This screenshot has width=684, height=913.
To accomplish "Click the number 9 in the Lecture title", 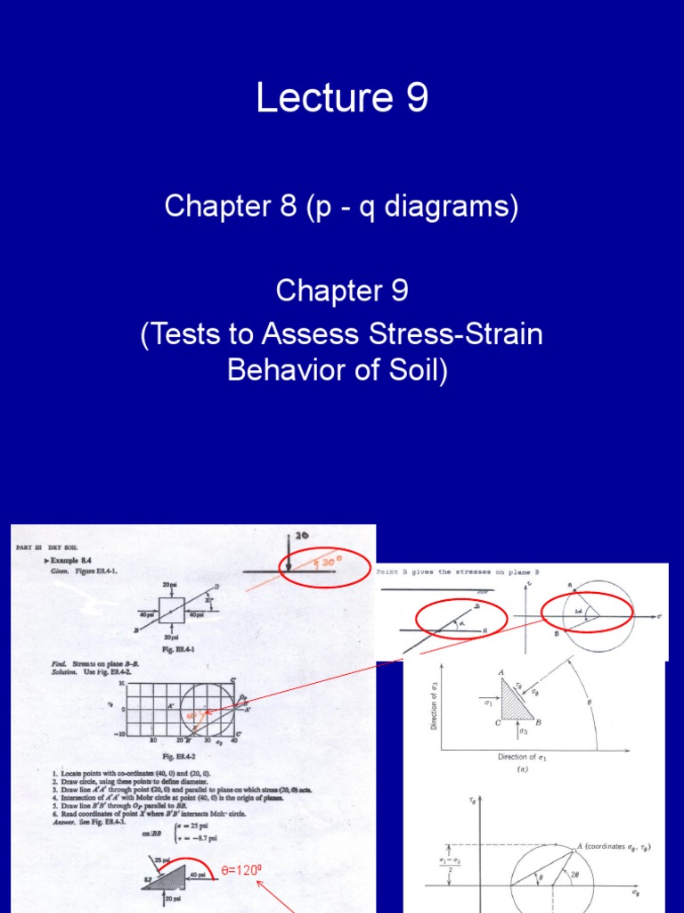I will click(x=416, y=99).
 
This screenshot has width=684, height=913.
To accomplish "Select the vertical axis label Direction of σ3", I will click(x=434, y=700).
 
